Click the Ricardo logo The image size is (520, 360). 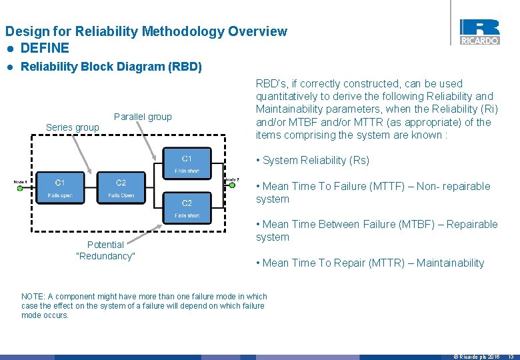tap(479, 31)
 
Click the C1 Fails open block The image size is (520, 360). tap(60, 188)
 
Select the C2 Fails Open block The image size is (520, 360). tap(121, 188)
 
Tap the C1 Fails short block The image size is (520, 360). tap(187, 163)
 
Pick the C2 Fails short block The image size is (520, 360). tap(187, 208)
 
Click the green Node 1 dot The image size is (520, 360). tap(20, 188)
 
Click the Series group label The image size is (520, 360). tap(72, 127)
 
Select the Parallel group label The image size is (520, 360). tap(143, 117)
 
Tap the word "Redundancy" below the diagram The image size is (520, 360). tap(106, 257)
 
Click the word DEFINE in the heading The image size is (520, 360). tap(45, 48)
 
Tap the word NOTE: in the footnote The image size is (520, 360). tap(33, 297)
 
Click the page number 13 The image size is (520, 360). tap(511, 357)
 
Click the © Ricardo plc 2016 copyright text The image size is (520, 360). tap(476, 357)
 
